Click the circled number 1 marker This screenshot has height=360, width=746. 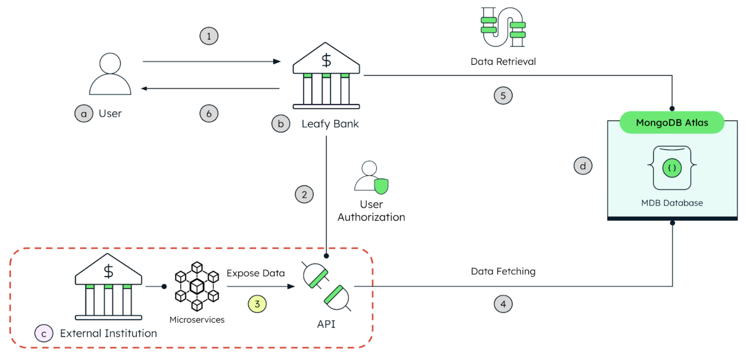click(209, 36)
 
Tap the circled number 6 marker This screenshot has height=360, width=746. click(209, 114)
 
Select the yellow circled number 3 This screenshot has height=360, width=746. click(257, 304)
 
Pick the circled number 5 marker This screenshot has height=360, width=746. click(503, 96)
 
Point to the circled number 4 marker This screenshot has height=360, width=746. click(503, 304)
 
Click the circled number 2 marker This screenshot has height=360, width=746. click(304, 195)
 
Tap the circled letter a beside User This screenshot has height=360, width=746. click(84, 114)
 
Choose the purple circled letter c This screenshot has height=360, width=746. click(44, 334)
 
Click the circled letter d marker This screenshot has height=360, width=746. click(583, 166)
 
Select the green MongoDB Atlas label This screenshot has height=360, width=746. click(672, 123)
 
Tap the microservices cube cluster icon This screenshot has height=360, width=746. click(197, 286)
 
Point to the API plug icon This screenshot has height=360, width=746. click(326, 287)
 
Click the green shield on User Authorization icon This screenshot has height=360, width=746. click(381, 186)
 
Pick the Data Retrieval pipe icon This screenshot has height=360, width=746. click(503, 27)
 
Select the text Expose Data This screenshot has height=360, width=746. click(256, 273)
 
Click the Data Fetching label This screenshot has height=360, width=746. click(503, 272)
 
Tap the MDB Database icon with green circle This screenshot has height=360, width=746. click(672, 168)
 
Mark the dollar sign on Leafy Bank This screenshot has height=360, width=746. click(326, 60)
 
